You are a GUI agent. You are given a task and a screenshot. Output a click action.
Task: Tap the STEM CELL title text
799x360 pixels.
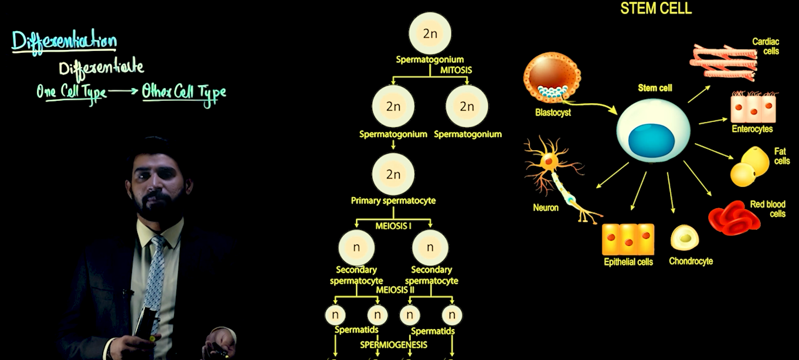pos(656,8)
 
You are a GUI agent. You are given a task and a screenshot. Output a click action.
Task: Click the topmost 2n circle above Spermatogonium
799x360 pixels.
pos(430,33)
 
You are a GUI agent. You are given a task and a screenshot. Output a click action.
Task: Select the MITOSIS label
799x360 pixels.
pos(455,70)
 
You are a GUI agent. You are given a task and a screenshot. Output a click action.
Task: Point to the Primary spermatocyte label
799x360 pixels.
pos(393,201)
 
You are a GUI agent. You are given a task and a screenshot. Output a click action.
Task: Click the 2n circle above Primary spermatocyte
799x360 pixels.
pos(393,175)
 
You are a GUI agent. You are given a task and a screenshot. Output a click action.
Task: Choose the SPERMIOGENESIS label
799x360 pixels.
pos(393,345)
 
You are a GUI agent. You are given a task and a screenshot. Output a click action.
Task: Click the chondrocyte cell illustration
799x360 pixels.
pos(685,237)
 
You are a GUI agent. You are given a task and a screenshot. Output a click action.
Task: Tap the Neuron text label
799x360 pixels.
pos(545,208)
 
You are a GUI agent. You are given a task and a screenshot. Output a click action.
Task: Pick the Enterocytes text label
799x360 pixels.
pos(752,129)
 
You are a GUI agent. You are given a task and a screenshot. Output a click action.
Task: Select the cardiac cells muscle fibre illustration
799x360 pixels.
pos(723,61)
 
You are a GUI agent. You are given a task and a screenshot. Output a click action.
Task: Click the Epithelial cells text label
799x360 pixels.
pos(628,262)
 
